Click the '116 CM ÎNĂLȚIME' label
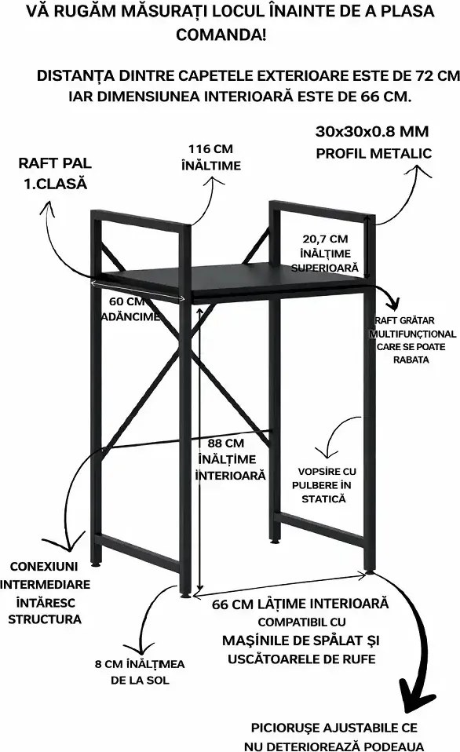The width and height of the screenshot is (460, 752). point(210,157)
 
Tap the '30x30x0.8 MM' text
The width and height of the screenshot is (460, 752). point(372,131)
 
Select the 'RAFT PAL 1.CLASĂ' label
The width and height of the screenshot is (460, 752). point(55,173)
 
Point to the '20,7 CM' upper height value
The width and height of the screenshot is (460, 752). point(325,239)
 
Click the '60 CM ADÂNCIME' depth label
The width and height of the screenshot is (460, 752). point(130,308)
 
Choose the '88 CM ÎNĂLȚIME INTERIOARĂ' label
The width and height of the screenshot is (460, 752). point(230,459)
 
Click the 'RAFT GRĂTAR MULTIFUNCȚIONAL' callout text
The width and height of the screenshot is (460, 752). point(413,327)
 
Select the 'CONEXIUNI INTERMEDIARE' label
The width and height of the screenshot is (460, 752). point(45,575)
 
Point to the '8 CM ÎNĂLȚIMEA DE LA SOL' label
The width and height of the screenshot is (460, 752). point(140,671)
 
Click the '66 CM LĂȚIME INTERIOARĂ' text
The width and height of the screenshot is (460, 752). point(301,604)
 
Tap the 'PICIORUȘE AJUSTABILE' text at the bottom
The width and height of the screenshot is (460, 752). point(334,728)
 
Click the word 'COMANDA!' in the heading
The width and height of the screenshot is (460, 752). point(221,35)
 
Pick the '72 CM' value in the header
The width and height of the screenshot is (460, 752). point(436,75)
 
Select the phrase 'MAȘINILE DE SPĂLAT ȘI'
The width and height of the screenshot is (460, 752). point(301,641)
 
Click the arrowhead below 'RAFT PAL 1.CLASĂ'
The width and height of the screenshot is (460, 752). point(46,209)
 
